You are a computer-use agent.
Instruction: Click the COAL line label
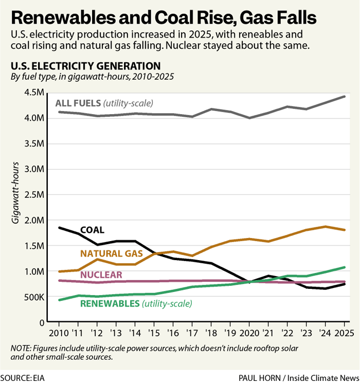point(92,230)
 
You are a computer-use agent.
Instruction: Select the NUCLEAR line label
point(101,275)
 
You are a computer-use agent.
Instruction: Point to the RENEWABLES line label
point(110,303)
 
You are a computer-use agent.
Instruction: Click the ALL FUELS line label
point(78,103)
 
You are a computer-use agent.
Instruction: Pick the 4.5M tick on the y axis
point(34,93)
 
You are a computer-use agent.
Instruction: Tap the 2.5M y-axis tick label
point(34,195)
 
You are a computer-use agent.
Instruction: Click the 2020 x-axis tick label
point(249,333)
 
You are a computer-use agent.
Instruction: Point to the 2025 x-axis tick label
point(343,333)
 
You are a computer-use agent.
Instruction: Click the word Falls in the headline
point(290,19)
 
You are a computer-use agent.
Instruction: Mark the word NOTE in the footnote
point(22,349)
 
